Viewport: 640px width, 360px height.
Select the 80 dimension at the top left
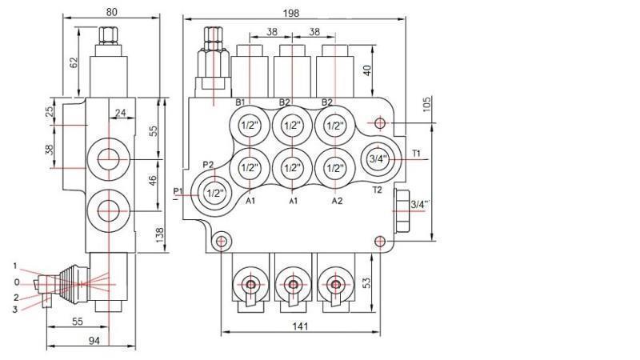point(111,11)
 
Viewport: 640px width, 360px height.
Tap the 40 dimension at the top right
point(368,70)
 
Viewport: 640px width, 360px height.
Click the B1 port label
point(239,102)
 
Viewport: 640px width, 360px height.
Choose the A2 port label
point(338,202)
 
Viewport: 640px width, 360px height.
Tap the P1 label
point(178,190)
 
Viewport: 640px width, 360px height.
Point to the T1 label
point(417,153)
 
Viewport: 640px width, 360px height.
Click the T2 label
point(378,190)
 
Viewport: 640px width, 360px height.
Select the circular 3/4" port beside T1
point(378,158)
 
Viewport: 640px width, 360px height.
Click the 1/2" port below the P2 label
point(214,193)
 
